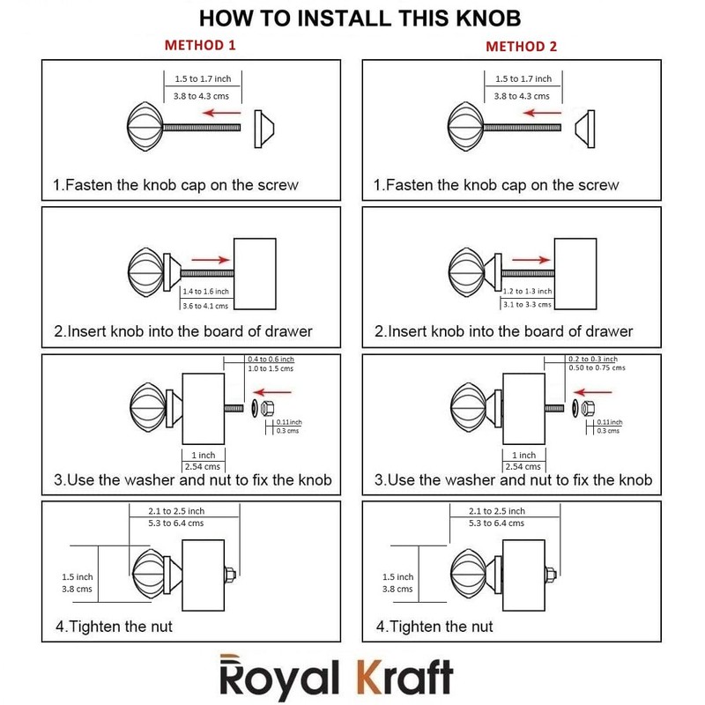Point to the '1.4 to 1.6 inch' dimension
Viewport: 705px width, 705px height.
[204, 291]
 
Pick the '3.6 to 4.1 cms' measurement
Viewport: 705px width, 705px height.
[204, 305]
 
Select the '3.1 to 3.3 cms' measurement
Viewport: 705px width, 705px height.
[526, 305]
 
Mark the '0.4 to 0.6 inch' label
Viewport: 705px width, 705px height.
[271, 360]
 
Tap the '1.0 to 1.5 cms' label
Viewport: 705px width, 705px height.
[270, 368]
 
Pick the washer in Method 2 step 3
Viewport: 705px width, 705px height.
[574, 408]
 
